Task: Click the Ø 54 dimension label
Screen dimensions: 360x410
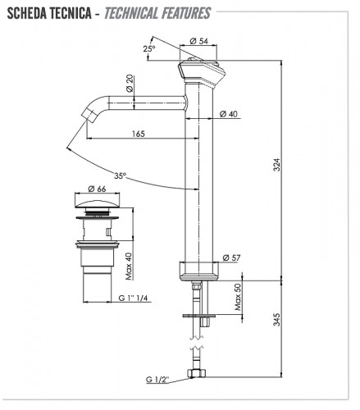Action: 198,41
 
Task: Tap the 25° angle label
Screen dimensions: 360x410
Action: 149,48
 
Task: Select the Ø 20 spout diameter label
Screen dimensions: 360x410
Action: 130,84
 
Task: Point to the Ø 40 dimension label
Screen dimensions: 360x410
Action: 229,113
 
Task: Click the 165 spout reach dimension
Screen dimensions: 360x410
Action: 139,134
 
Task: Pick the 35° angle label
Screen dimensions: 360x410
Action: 120,175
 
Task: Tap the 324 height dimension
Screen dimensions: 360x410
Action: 277,165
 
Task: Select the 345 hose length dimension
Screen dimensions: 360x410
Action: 277,319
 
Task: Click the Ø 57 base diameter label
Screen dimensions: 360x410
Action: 231,257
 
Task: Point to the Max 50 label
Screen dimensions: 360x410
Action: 238,297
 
